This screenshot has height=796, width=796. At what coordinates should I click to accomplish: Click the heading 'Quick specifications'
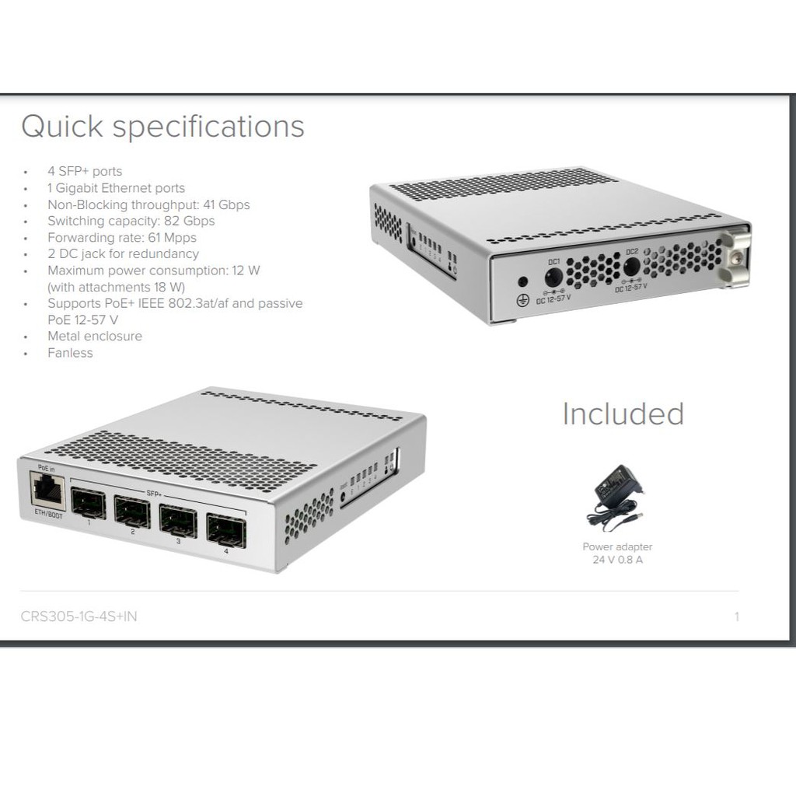click(162, 126)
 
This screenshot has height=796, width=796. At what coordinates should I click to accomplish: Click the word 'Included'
click(623, 414)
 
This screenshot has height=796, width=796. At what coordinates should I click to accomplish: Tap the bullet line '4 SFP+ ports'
click(85, 171)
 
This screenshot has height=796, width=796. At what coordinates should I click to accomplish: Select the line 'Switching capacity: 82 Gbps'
click(131, 221)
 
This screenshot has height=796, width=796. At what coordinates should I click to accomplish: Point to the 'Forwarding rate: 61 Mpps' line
click(122, 237)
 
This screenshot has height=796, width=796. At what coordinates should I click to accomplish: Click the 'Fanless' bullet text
click(70, 352)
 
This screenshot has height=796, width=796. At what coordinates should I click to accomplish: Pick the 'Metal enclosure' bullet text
click(95, 336)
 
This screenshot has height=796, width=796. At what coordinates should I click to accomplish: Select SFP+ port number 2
click(132, 511)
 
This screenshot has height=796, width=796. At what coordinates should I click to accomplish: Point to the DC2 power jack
click(631, 267)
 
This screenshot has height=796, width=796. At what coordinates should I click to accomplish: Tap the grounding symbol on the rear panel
click(523, 299)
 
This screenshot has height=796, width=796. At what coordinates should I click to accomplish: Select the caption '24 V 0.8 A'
click(617, 559)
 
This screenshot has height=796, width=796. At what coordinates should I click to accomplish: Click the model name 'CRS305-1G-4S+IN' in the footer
click(80, 617)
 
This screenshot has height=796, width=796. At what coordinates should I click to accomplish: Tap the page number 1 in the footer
click(736, 617)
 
